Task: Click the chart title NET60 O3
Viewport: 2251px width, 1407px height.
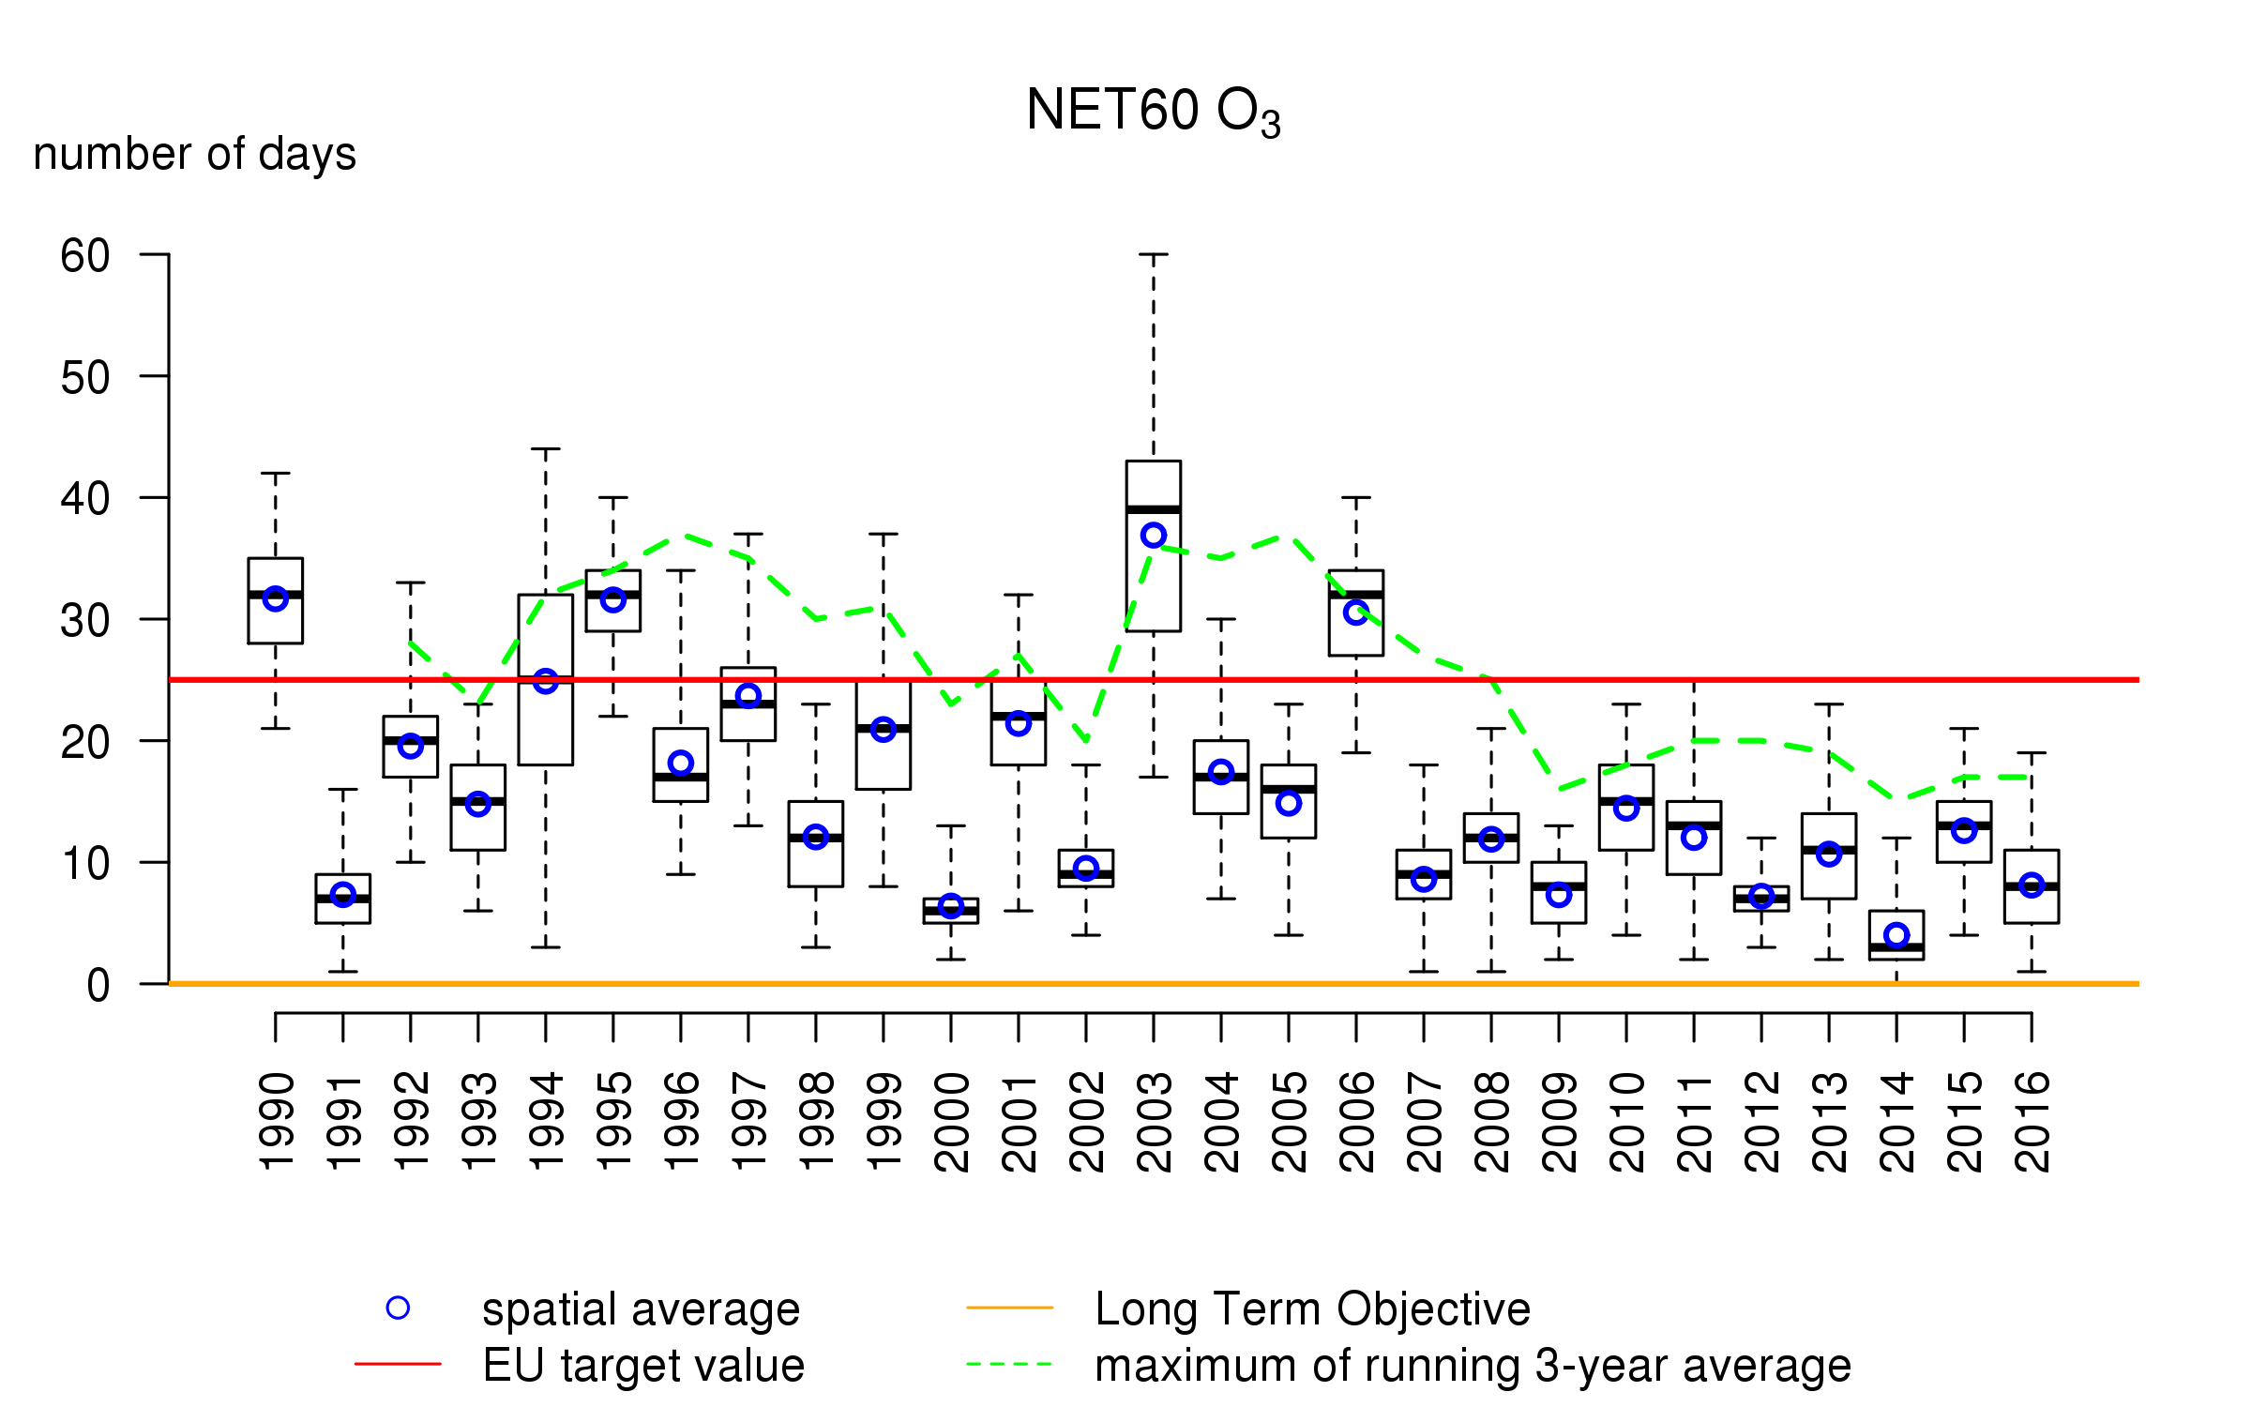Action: pos(1153,112)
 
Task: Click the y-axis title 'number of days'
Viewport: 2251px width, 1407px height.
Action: pos(194,154)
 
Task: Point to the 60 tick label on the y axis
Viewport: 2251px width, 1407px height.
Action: pos(85,256)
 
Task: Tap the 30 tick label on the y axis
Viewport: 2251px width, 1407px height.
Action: pos(85,621)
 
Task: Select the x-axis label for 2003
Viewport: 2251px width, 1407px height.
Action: pos(1155,1122)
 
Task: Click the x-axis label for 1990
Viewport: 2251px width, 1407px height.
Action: pos(277,1122)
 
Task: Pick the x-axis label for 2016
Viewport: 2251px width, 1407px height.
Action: pos(2032,1122)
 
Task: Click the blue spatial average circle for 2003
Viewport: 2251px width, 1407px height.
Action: pos(1154,536)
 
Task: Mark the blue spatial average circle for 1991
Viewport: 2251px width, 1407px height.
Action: pos(343,895)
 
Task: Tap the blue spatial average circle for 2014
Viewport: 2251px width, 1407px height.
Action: pos(1896,935)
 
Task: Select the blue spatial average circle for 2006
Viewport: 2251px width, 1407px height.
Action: pos(1356,613)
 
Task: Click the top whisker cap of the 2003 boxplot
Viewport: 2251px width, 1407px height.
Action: pos(1154,254)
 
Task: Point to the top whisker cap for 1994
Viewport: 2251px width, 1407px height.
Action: pos(546,449)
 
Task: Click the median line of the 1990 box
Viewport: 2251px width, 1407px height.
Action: pos(276,595)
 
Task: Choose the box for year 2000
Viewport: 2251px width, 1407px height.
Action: pos(951,911)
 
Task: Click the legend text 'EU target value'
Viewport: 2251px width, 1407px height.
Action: pos(643,1366)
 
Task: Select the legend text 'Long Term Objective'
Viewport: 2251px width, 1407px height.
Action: pos(1312,1309)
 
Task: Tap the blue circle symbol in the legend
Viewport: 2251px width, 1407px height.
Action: pos(398,1309)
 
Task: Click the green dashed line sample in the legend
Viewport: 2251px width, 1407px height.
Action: pos(1009,1365)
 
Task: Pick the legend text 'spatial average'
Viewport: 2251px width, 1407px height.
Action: pos(641,1309)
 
